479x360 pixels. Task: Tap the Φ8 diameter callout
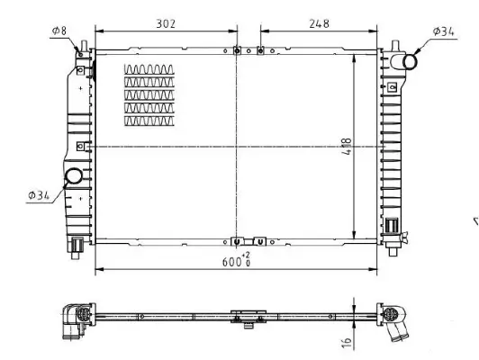(60, 31)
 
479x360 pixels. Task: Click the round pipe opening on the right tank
(410, 62)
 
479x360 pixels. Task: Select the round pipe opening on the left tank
(73, 177)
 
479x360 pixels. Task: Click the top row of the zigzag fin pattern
(149, 69)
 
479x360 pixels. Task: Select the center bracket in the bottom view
(245, 316)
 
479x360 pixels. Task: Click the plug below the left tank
(77, 243)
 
